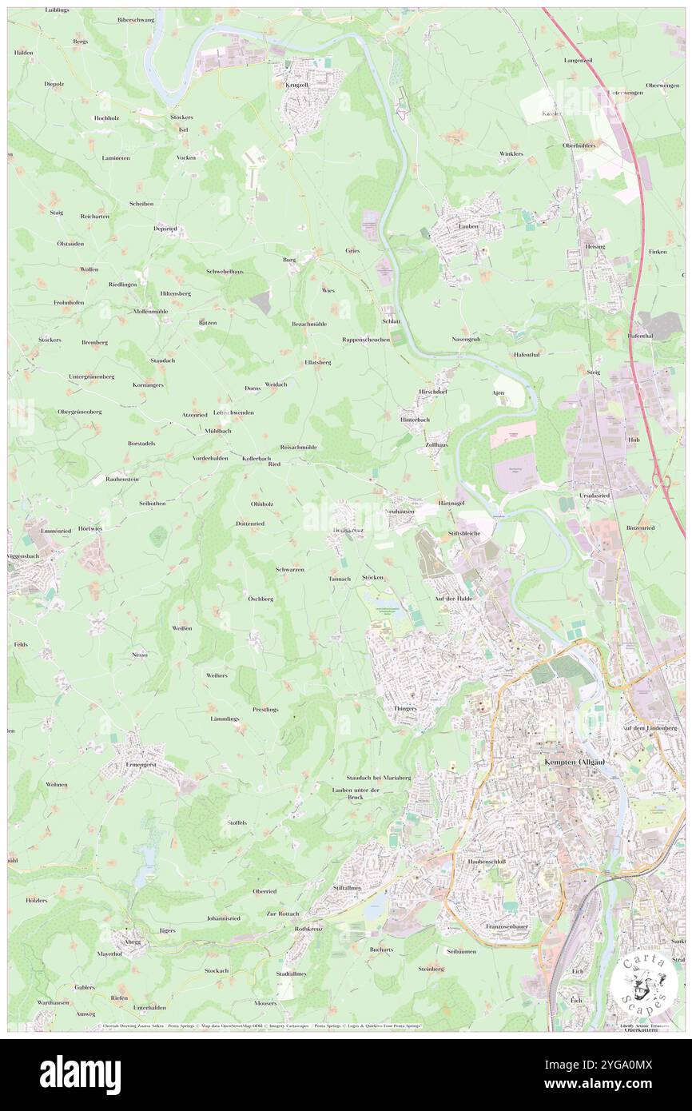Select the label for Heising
[595, 246]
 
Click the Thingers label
[406, 708]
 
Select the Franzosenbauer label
[509, 926]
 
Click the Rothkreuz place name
[308, 929]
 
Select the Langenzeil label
[579, 60]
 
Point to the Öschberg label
[260, 598]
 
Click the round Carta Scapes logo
[644, 984]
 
